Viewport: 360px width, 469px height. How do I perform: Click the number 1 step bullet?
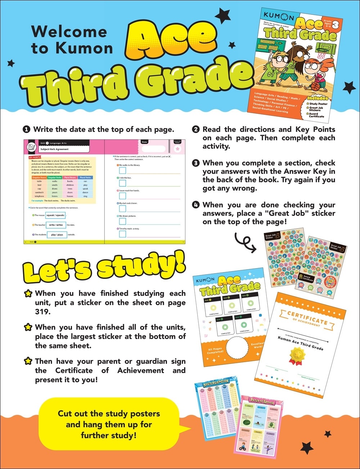pos(26,130)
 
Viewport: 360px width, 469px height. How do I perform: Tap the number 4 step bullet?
pos(196,205)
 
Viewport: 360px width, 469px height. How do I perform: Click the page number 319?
pos(43,312)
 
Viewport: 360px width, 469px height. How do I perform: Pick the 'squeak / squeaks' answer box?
pos(55,215)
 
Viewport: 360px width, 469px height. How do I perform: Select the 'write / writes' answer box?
pos(56,225)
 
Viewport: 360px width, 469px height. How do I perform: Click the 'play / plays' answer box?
pos(57,235)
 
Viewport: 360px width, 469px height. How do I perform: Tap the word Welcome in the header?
pos(69,32)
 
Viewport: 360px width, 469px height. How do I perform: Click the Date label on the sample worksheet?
pos(144,142)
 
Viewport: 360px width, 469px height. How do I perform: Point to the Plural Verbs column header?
pos(85,177)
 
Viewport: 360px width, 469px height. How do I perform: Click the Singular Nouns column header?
pos(39,177)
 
